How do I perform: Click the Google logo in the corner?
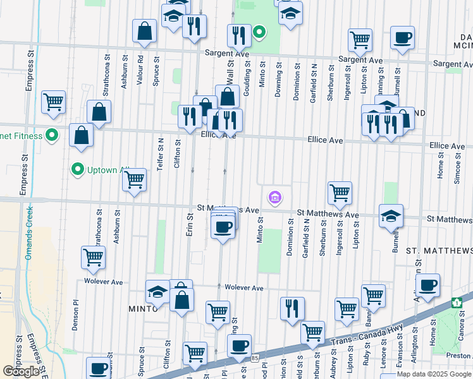(x=21, y=372)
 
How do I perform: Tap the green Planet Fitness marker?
(x=53, y=135)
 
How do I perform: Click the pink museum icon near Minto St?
(x=275, y=198)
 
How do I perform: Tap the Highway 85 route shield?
(x=253, y=358)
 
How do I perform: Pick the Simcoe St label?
(x=457, y=167)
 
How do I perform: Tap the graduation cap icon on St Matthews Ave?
(x=391, y=215)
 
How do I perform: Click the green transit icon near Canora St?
(x=457, y=303)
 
